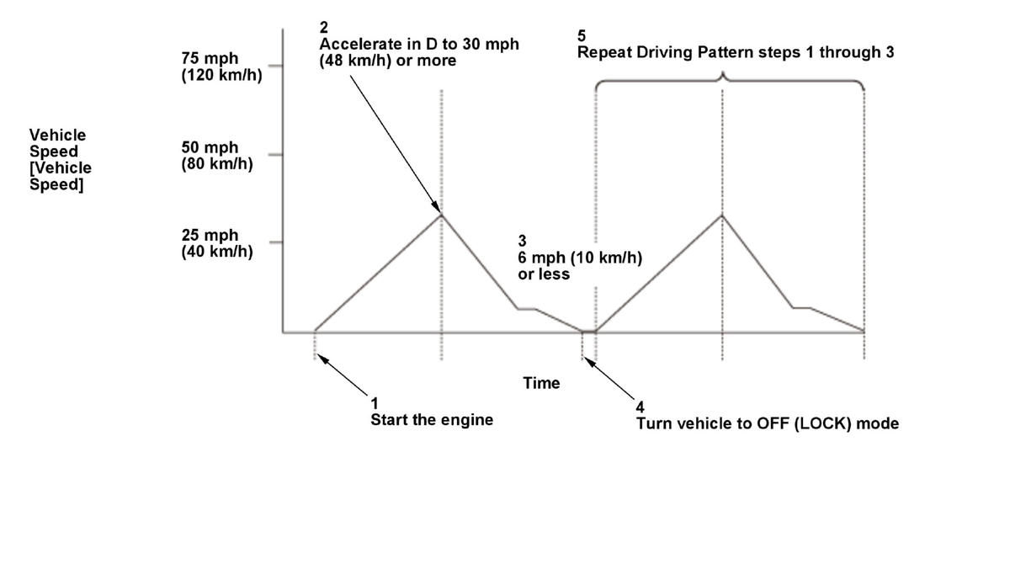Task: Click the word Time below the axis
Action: click(541, 383)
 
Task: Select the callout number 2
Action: click(324, 28)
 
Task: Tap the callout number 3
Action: click(522, 242)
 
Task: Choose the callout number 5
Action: click(582, 35)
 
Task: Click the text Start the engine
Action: click(432, 419)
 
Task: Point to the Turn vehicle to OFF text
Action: click(767, 423)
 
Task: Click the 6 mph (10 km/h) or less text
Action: click(579, 265)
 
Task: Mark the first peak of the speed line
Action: click(441, 215)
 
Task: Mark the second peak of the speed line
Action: click(722, 215)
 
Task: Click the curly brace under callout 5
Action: click(729, 82)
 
